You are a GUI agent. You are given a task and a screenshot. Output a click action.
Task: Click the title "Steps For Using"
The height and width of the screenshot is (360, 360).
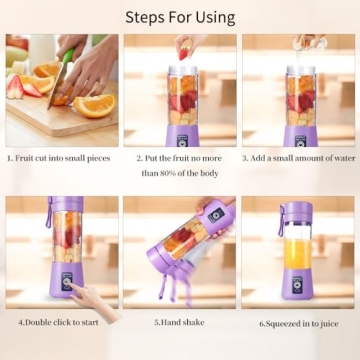180,17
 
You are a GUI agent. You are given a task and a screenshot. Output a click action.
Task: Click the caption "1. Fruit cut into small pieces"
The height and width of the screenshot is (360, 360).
62,158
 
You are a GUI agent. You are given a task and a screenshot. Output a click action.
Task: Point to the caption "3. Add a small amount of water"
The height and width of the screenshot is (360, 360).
299,158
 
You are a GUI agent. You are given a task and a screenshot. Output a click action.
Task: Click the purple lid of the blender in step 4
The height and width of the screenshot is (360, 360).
65,206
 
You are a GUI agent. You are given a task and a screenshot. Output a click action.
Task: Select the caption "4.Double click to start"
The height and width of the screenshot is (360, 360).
61,323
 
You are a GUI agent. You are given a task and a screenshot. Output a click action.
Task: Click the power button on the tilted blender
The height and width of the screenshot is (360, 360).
215,215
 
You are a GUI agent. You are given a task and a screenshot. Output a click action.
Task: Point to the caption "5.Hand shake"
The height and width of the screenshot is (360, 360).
180,323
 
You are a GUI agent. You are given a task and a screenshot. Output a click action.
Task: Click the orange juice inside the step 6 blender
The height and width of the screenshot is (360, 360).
297,253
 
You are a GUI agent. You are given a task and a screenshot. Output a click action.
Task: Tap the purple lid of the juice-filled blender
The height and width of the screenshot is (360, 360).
297,209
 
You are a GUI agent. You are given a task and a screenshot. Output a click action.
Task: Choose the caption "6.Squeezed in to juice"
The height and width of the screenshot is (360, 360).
299,323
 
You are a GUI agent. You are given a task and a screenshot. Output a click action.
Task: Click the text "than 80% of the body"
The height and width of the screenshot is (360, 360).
180,173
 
